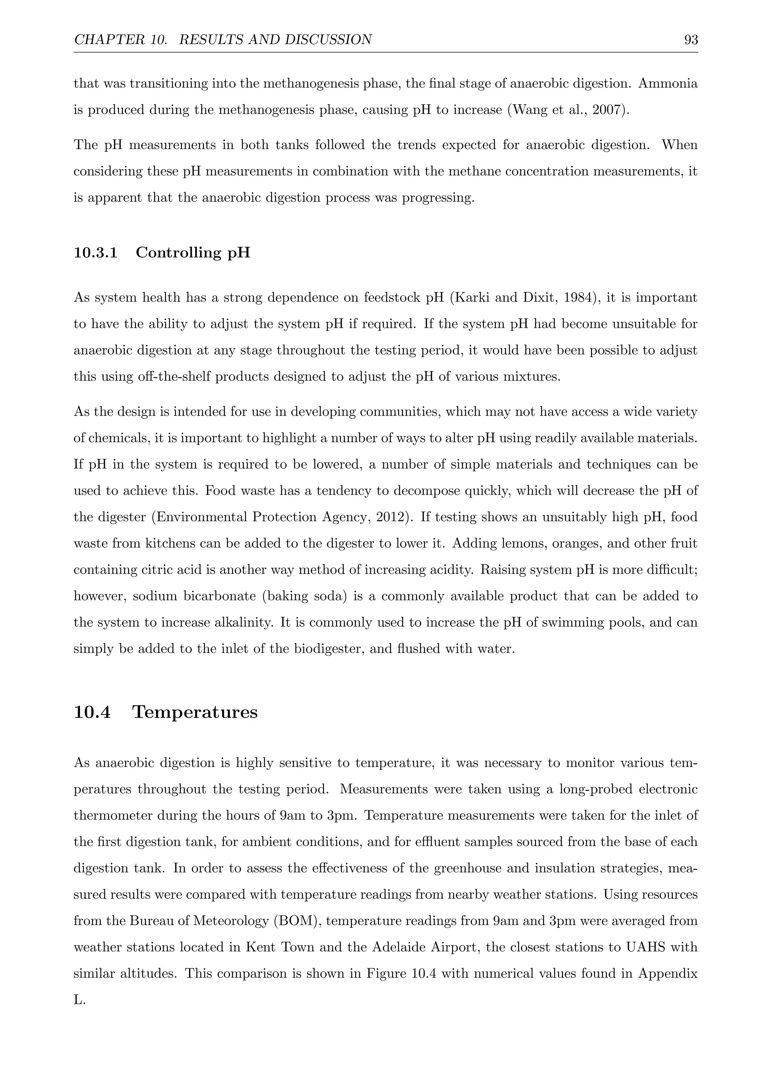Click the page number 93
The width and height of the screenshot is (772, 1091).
coord(691,40)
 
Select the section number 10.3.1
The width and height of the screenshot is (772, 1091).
coord(95,253)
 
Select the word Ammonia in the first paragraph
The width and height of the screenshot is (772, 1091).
coord(668,84)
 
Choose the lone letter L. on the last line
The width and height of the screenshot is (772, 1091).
coord(80,1000)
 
